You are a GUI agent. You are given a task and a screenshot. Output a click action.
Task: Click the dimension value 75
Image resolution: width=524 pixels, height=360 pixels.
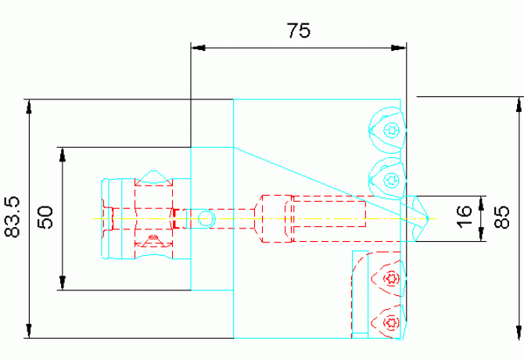pos(298,31)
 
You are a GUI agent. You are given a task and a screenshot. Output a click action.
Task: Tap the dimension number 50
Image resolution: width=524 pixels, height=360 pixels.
pos(45,217)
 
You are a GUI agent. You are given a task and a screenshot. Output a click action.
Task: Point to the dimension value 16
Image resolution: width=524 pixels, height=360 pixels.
pos(463,213)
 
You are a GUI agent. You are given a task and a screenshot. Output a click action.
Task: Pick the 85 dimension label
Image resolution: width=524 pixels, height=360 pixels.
pos(504,213)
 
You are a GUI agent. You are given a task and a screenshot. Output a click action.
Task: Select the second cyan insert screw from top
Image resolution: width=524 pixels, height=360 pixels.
pos(391,179)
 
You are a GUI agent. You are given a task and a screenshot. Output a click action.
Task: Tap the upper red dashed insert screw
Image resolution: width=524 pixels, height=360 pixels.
pos(391,278)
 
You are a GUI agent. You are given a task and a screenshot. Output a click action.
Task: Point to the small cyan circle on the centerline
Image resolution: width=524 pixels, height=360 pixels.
pos(206,218)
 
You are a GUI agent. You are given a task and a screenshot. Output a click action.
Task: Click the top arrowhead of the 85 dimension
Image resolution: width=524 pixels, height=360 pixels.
pos(518,104)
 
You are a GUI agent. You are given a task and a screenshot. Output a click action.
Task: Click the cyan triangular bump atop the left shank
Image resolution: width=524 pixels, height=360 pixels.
pos(153,175)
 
